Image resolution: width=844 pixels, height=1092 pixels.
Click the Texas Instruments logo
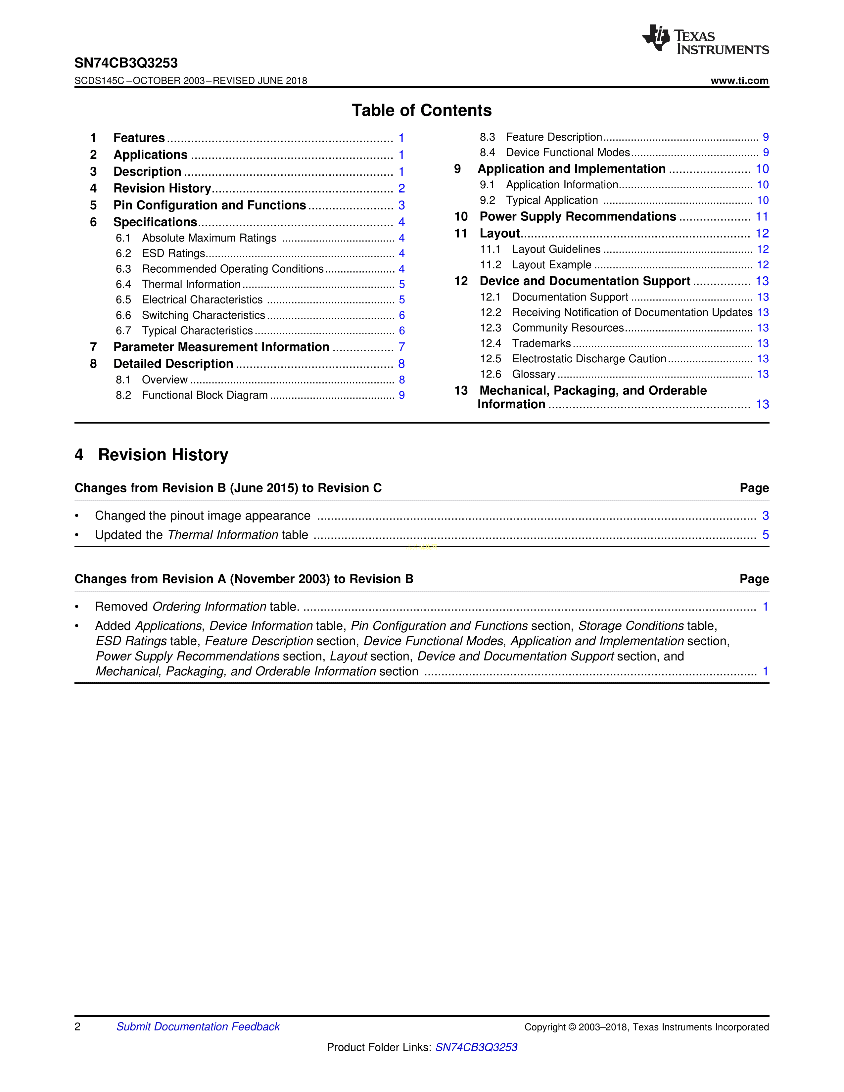tap(705, 39)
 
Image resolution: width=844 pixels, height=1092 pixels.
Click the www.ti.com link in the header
tap(739, 80)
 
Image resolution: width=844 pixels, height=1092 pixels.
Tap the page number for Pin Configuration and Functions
tap(401, 205)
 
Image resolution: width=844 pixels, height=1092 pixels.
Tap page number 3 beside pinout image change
tap(765, 516)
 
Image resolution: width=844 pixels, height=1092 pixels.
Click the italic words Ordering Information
tap(209, 607)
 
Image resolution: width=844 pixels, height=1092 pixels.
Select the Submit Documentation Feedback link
tap(198, 1026)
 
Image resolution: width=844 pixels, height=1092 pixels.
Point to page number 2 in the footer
tap(77, 1026)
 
